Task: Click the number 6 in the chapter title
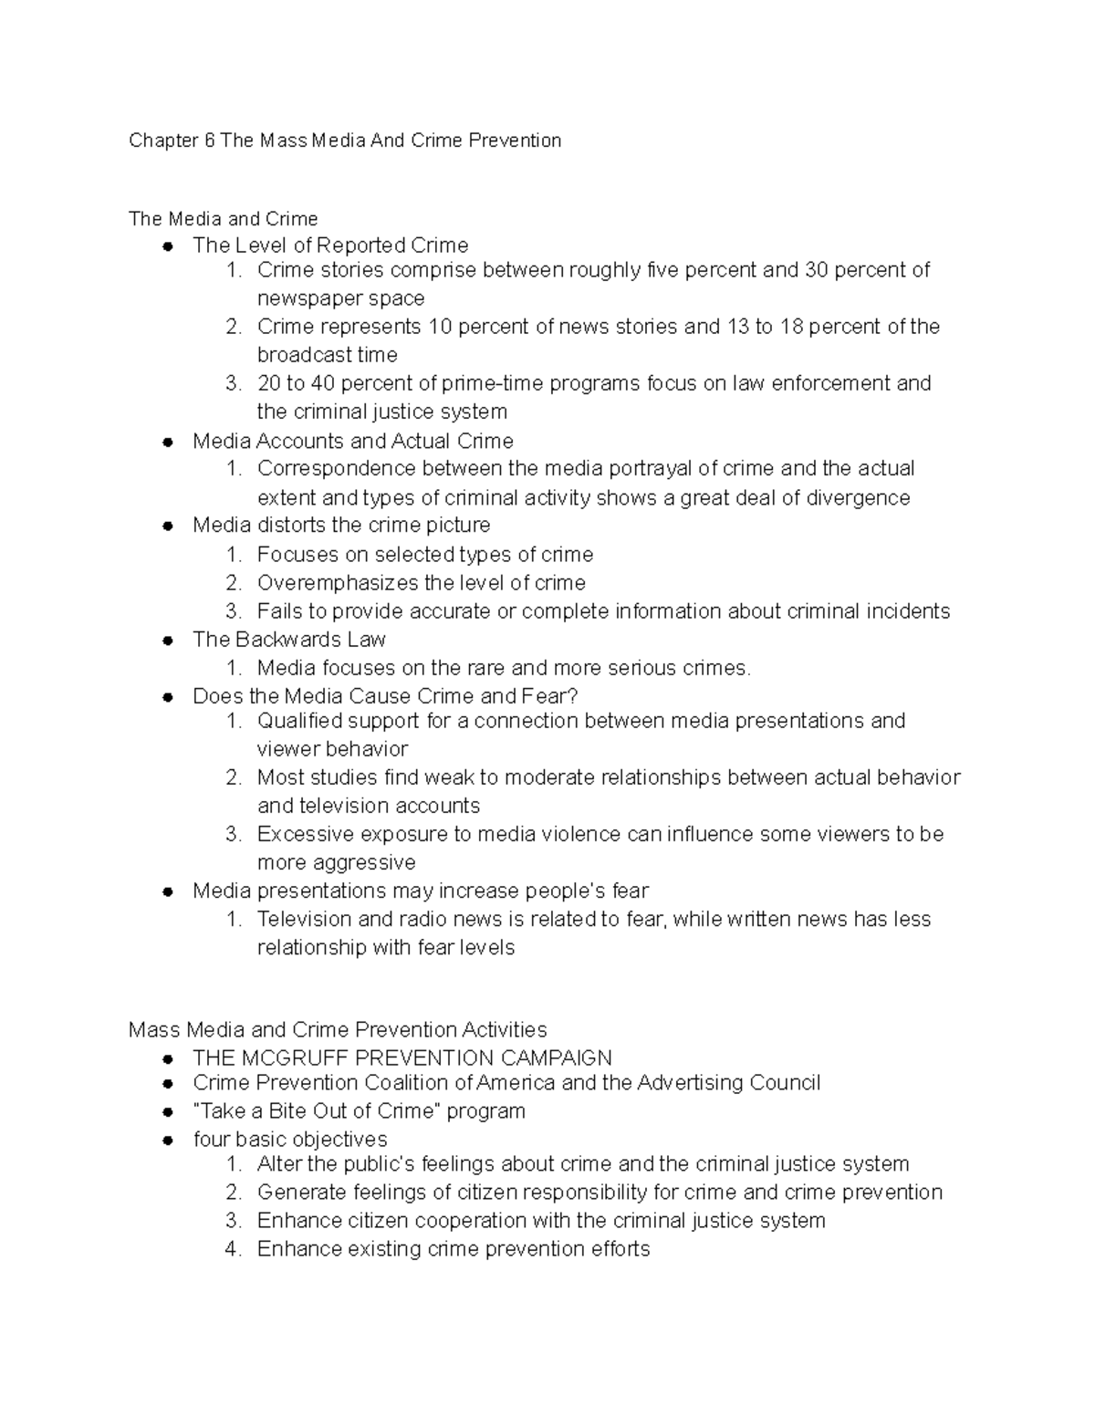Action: click(209, 141)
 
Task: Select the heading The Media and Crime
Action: click(223, 219)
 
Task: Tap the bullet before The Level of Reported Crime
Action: click(168, 246)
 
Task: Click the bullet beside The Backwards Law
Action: click(168, 641)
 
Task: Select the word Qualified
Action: click(297, 721)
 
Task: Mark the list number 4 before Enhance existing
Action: click(233, 1249)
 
